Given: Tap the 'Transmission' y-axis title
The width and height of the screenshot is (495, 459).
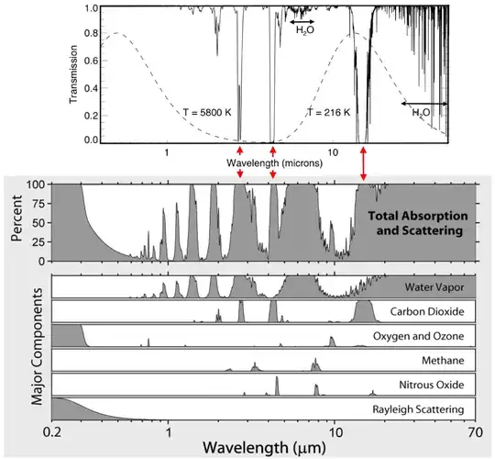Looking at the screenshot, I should coord(75,72).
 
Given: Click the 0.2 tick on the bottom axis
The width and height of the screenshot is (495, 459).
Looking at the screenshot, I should coord(53,430).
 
